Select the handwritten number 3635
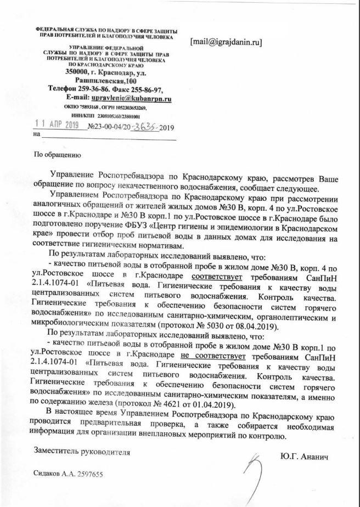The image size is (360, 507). [x=143, y=127]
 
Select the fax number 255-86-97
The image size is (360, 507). [x=146, y=88]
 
